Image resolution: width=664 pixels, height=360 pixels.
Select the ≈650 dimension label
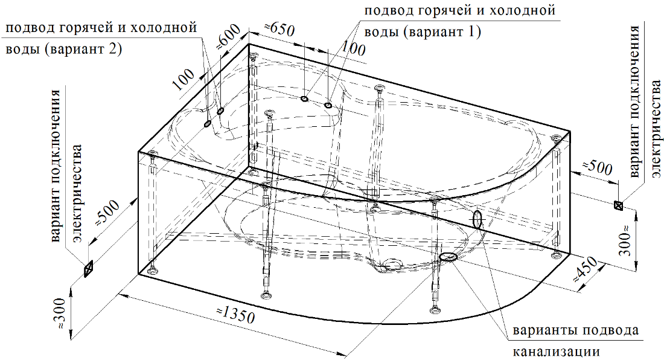pos(279,30)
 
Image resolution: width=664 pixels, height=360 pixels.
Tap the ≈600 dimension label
pos(229,36)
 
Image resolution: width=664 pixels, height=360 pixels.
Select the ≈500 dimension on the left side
pos(106,213)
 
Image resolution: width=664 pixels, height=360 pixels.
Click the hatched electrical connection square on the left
pos(88,269)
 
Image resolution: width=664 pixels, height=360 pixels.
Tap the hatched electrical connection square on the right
pos(618,205)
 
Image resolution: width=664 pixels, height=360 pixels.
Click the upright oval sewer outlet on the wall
pos(477,220)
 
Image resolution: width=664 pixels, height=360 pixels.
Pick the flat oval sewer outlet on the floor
pos(449,257)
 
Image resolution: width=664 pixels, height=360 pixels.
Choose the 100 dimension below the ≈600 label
pos(184,80)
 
